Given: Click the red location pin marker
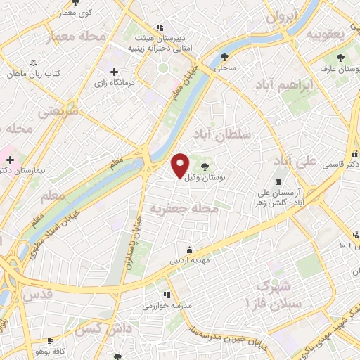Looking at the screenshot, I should point(181,165).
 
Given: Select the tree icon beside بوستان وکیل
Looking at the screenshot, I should point(205,166).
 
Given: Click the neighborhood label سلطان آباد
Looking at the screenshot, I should point(235,134).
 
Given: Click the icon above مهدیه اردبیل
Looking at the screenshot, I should point(190,250).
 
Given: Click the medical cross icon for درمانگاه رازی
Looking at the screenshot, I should point(114,72).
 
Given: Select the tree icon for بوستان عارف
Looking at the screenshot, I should point(341,58).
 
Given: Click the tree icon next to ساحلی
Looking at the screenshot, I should point(225,57).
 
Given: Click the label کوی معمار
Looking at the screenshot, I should point(75,13).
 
